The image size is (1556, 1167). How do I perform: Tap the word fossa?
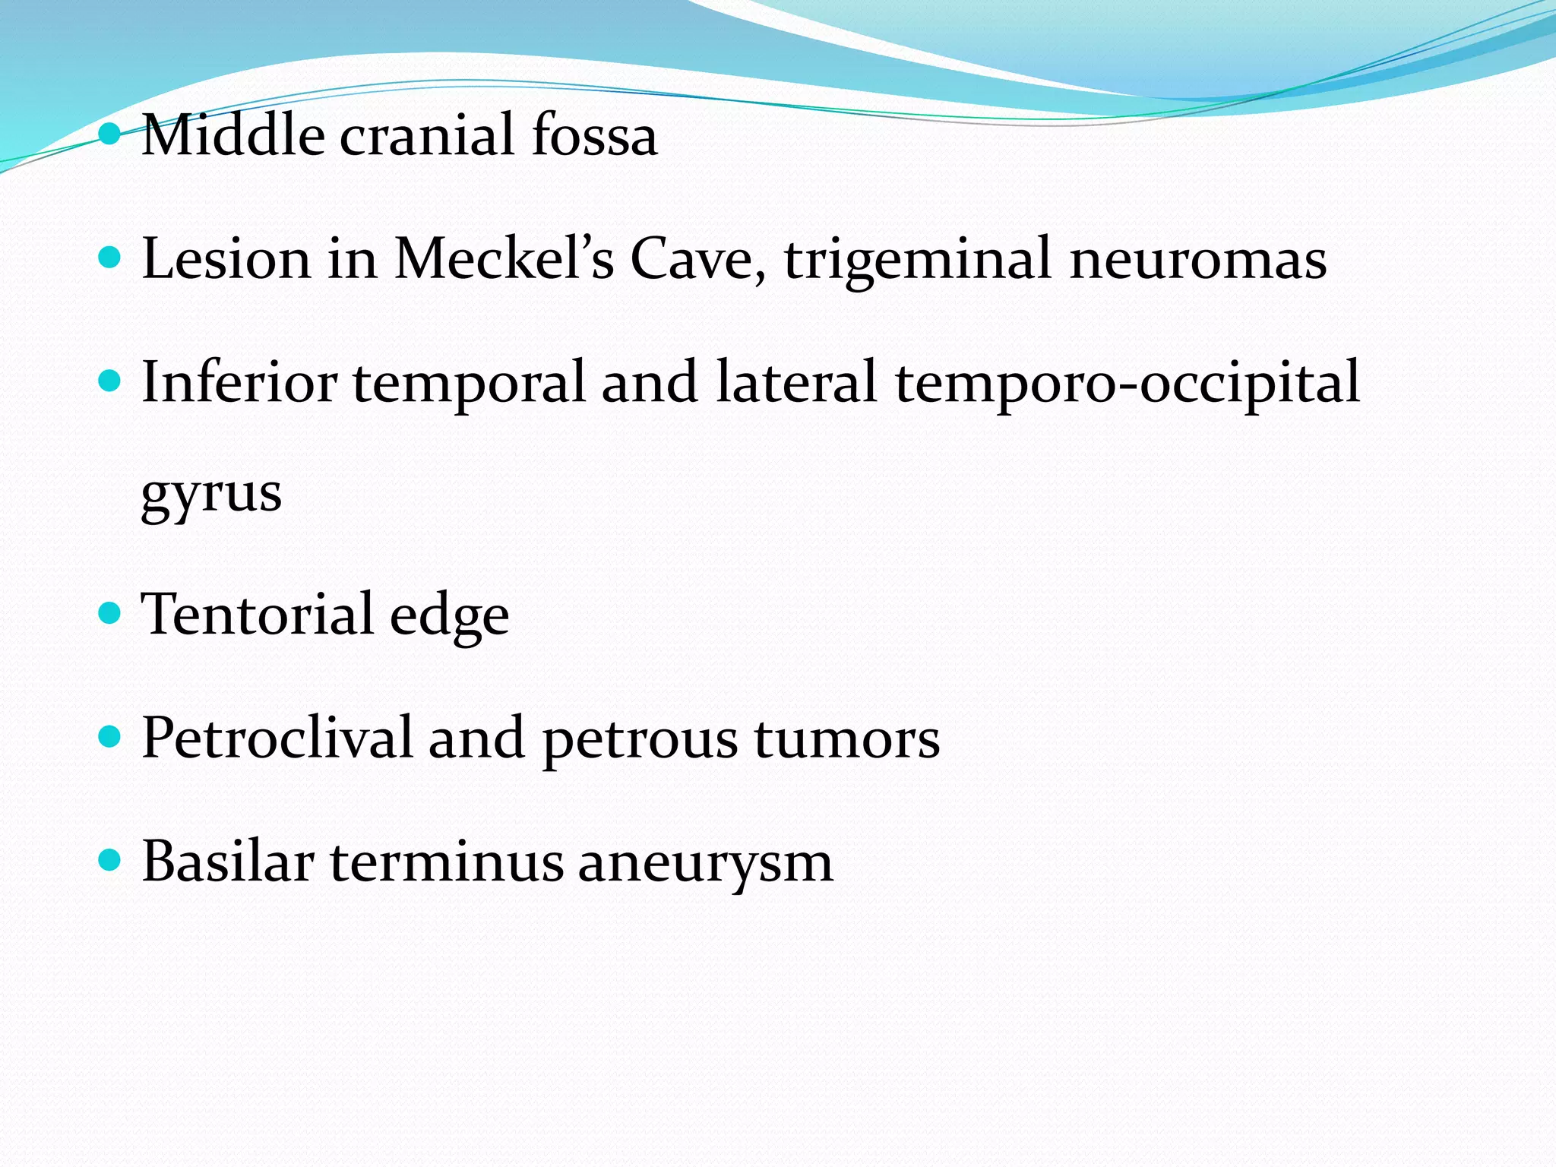[594, 135]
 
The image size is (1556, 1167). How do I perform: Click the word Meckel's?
[504, 258]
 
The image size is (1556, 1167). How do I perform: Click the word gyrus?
[211, 494]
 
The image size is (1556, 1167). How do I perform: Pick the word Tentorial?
[257, 614]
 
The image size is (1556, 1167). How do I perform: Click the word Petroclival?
[277, 737]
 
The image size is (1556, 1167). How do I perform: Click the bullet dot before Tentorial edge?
[110, 612]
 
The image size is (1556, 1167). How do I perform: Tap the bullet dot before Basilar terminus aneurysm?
[110, 860]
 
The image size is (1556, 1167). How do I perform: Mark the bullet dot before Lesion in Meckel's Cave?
[110, 257]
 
